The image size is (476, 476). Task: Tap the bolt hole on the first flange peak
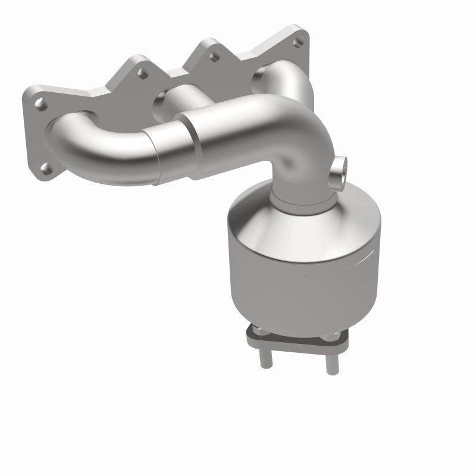coord(142,74)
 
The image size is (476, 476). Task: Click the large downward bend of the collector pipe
coord(300,149)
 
